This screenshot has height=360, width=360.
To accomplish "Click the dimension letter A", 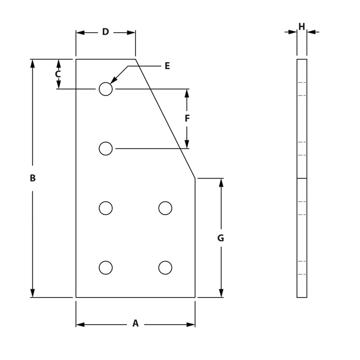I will (x=135, y=323).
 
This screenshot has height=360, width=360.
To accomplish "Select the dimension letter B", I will (x=32, y=178).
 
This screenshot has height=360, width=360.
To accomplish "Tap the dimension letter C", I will (x=58, y=74).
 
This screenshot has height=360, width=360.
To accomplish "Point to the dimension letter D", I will (x=105, y=32).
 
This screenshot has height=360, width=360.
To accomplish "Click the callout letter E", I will (x=167, y=66).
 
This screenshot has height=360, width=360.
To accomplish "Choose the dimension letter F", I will (x=187, y=118).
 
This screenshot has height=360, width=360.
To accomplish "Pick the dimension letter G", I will (x=220, y=238).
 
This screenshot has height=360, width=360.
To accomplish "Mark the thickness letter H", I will (x=301, y=27).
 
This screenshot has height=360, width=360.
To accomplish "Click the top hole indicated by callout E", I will (x=106, y=89).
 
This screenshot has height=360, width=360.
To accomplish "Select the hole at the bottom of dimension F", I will (x=106, y=148).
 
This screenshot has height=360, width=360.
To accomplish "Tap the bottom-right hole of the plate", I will (x=165, y=268).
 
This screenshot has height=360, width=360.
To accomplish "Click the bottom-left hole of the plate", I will (x=106, y=268).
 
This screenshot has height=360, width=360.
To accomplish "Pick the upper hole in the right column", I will (x=165, y=208).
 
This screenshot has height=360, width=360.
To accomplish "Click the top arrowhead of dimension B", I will (x=32, y=63).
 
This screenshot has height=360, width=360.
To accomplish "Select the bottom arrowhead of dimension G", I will (x=221, y=293).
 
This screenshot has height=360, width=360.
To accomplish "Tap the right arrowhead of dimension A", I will (x=191, y=324).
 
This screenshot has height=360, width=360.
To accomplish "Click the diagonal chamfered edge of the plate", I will (x=165, y=119).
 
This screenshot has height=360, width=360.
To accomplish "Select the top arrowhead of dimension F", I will (x=187, y=93).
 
